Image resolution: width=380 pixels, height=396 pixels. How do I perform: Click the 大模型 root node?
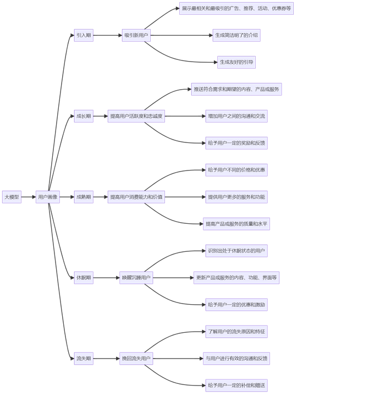12,197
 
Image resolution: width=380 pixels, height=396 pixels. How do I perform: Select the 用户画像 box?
48,197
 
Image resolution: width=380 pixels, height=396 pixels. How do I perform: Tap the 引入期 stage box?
84,36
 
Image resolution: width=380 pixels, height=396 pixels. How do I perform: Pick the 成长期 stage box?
84,116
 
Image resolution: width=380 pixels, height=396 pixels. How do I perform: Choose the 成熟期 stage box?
84,197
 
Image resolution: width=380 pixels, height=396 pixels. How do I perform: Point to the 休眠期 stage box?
84,278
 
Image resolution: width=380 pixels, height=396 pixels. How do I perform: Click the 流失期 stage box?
84,359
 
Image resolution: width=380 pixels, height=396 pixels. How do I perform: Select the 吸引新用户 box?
136,36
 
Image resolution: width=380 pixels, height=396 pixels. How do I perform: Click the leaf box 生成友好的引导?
236,62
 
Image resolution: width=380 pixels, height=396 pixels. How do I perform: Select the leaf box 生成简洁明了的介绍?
236,36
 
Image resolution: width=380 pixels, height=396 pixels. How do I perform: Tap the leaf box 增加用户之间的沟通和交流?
236,116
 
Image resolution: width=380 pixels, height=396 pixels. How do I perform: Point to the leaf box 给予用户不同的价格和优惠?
236,170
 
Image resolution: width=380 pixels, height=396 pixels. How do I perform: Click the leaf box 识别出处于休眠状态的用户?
236,251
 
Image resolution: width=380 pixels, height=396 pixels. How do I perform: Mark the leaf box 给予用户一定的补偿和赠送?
236,386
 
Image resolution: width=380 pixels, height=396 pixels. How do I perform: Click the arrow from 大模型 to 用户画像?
29,197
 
